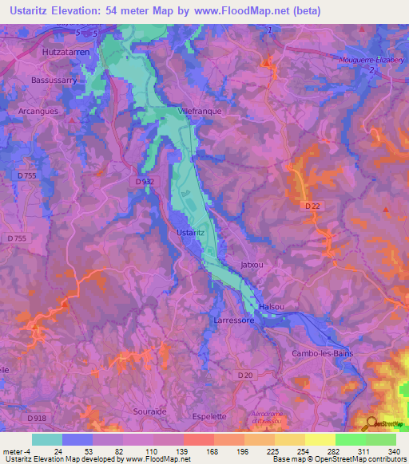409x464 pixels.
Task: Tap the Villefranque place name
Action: [201, 112]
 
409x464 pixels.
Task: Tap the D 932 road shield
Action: [143, 182]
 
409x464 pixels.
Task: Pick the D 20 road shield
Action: [244, 375]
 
